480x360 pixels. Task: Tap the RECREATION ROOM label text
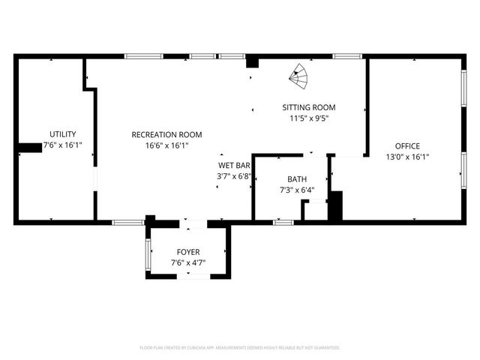click(166, 134)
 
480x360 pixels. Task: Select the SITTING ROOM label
click(308, 107)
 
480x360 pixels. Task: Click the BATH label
click(297, 179)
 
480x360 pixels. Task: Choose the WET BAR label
click(233, 165)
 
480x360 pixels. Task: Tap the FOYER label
click(188, 251)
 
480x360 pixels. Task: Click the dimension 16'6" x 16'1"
click(166, 145)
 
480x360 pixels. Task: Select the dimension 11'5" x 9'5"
click(309, 118)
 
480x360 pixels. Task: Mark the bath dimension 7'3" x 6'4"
click(297, 190)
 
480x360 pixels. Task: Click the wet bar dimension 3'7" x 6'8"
click(233, 176)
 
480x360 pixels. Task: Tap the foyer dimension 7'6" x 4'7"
click(188, 262)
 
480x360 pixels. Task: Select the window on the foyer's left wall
click(148, 253)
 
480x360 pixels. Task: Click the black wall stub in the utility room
click(30, 148)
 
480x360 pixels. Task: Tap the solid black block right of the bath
click(334, 205)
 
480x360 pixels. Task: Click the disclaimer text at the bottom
click(240, 347)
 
